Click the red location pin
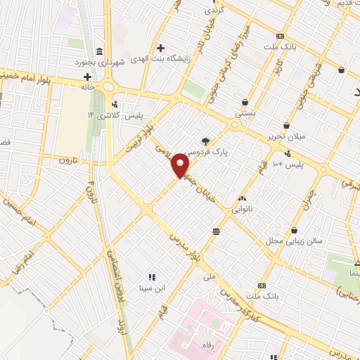tap(182, 167)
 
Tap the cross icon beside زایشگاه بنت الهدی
tap(162, 49)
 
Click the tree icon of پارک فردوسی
tap(205, 140)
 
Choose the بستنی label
tap(245, 112)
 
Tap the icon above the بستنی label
tap(245, 102)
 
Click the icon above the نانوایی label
tap(243, 198)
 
